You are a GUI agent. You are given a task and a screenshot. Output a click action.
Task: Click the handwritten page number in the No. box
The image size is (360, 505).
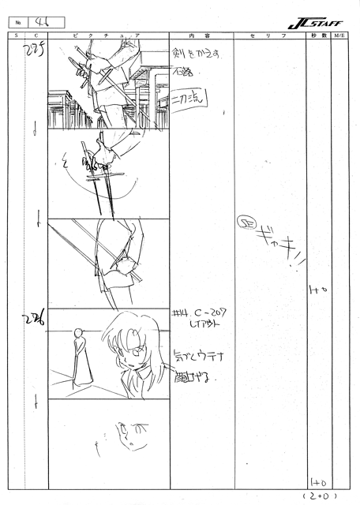pyautogui.click(x=35, y=21)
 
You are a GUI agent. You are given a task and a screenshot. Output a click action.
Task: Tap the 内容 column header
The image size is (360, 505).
pyautogui.click(x=201, y=37)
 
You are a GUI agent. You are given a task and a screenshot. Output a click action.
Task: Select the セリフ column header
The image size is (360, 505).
pyautogui.click(x=268, y=37)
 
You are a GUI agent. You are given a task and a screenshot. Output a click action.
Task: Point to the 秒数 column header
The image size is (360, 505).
pyautogui.click(x=318, y=37)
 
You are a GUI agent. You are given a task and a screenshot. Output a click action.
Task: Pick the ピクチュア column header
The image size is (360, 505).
pyautogui.click(x=108, y=37)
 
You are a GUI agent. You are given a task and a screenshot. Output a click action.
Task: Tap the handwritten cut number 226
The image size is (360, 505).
pyautogui.click(x=34, y=320)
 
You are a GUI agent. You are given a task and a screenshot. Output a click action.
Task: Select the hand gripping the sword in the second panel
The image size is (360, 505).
pyautogui.click(x=102, y=158)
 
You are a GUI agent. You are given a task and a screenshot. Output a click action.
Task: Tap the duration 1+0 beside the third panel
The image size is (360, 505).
pyautogui.click(x=319, y=291)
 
